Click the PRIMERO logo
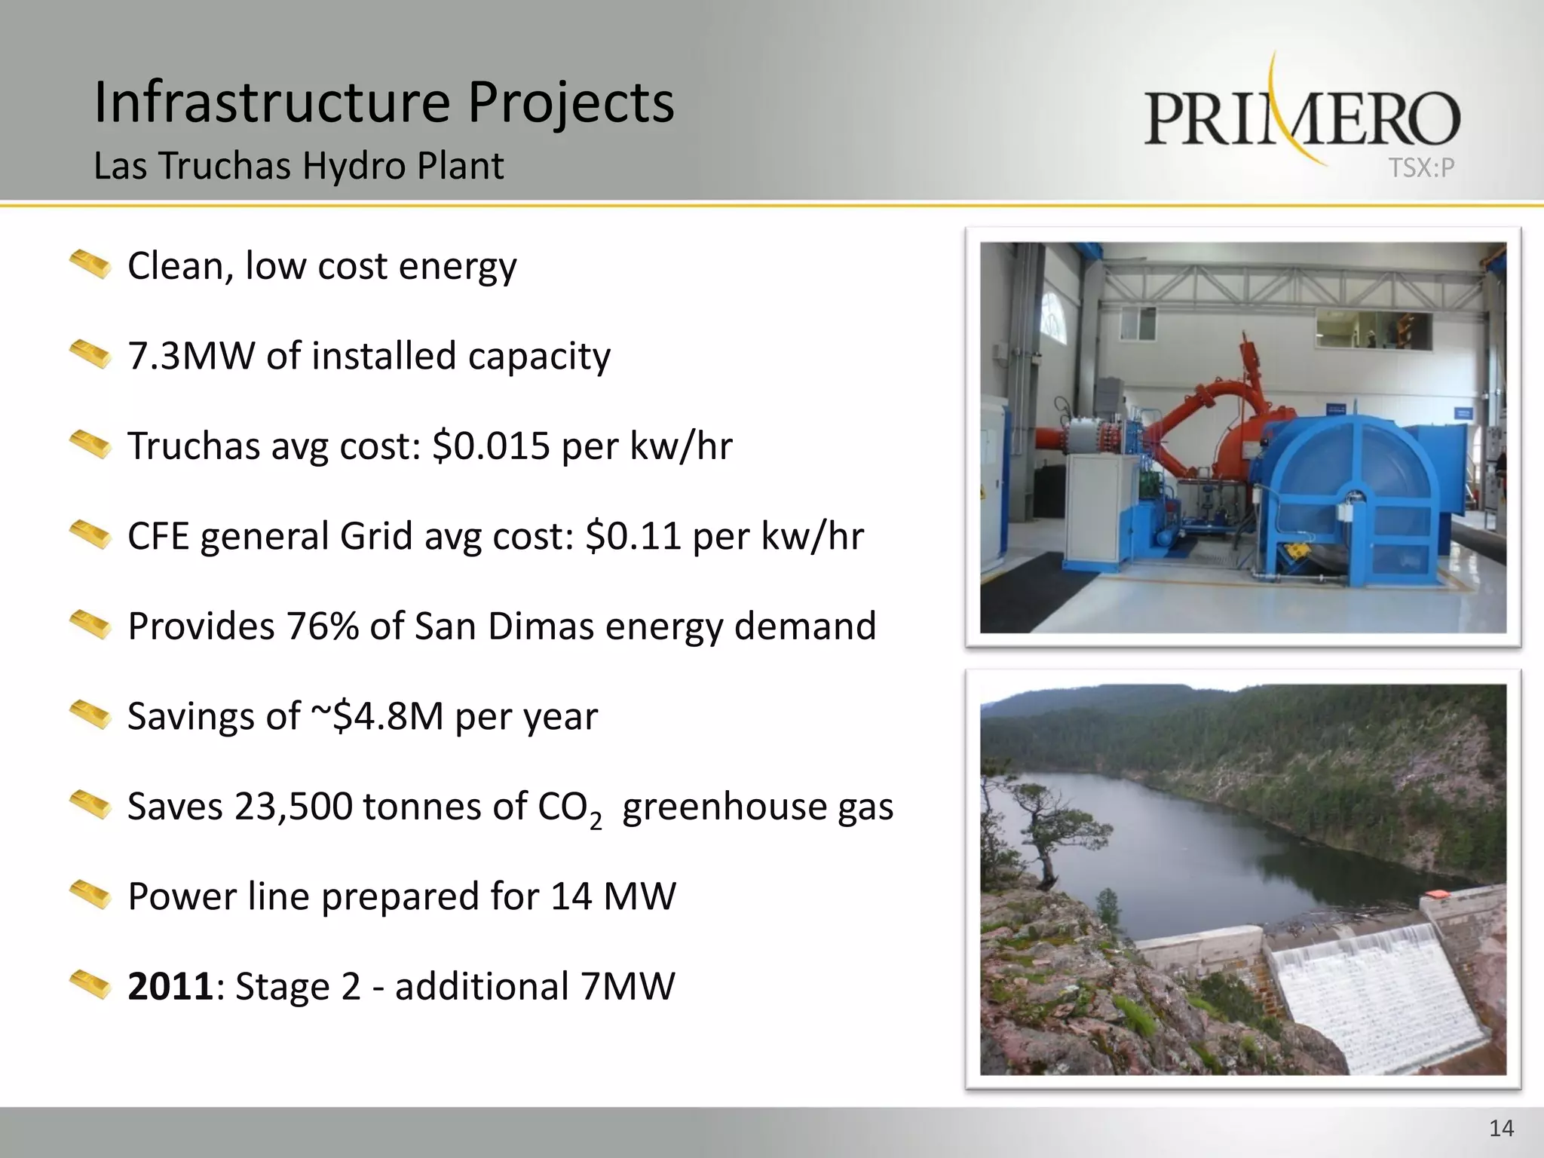(1302, 118)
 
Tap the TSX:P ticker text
(1421, 168)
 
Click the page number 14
(1501, 1129)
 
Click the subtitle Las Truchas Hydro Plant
(299, 166)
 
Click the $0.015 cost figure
(491, 446)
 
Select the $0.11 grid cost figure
(633, 537)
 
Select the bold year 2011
(170, 987)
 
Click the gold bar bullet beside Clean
(90, 265)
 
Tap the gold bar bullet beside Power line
(90, 896)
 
